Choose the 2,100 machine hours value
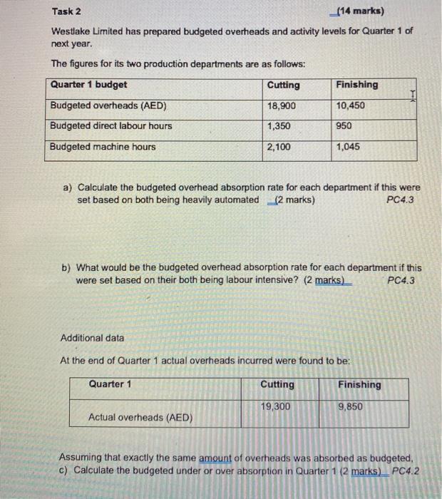pos(280,147)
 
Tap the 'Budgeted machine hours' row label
pos(103,147)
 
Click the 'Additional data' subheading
pos(92,337)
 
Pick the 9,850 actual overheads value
pos(351,406)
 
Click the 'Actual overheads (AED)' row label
pos(140,417)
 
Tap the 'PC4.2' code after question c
pos(406,470)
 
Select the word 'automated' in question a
pos(236,200)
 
